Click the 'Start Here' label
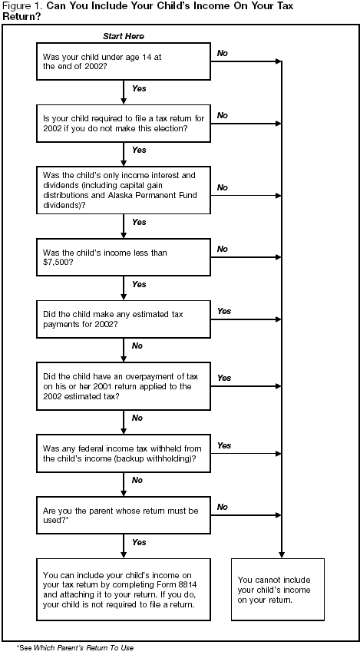point(123,37)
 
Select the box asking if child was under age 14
point(124,61)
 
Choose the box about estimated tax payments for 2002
point(124,317)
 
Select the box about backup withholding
point(124,452)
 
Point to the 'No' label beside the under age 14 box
point(223,53)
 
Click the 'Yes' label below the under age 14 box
point(139,89)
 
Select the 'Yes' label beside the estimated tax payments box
point(224,311)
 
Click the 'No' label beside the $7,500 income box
point(223,249)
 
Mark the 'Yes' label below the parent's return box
point(139,541)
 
